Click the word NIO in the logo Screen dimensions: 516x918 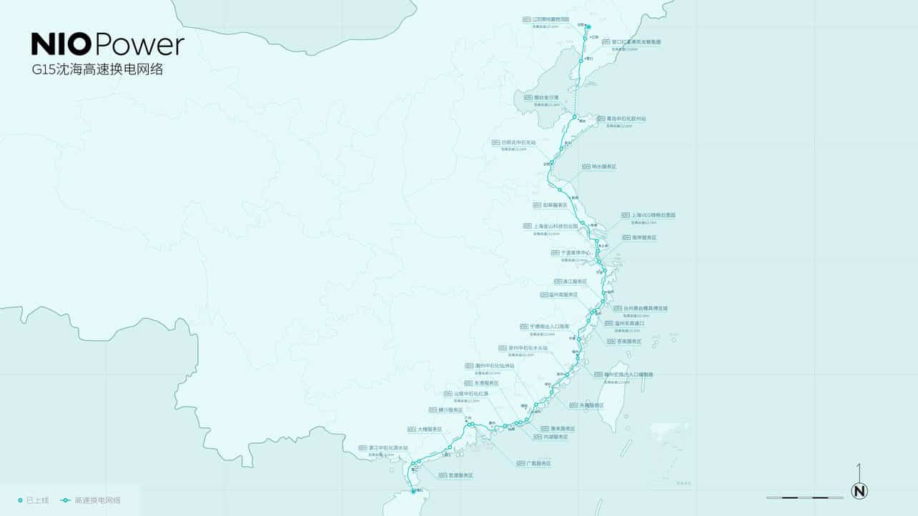click(x=61, y=44)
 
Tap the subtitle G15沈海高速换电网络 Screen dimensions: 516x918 click(x=97, y=70)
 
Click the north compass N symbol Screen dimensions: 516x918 click(x=859, y=491)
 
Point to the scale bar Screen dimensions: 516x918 click(x=804, y=497)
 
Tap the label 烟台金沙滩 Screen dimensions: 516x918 click(x=546, y=97)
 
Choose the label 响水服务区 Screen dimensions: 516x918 click(x=604, y=167)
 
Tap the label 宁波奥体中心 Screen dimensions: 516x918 click(x=576, y=253)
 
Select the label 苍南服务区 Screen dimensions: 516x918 click(x=624, y=342)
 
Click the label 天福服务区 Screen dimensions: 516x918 click(x=586, y=405)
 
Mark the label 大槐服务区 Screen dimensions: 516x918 click(x=430, y=430)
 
